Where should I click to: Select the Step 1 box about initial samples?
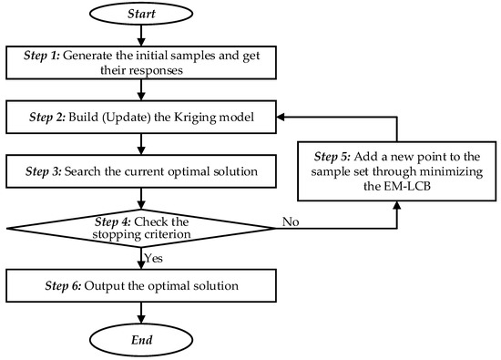point(140,62)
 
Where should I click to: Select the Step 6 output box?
point(140,287)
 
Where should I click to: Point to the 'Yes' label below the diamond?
point(156,260)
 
